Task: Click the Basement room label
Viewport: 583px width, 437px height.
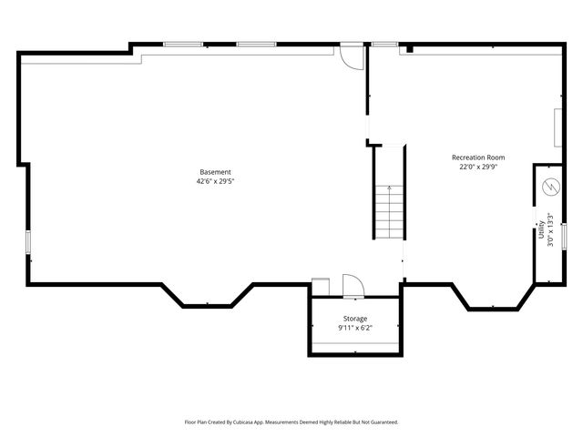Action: (216, 172)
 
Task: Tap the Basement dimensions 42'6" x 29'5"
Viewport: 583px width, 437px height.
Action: (216, 181)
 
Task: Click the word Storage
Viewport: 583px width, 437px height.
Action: (355, 319)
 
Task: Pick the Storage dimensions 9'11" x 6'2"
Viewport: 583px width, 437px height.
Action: (355, 328)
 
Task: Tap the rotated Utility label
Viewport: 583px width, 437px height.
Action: (541, 229)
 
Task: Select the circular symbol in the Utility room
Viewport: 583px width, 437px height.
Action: (549, 187)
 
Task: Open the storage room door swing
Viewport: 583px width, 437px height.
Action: (353, 286)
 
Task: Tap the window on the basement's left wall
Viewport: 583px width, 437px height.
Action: (28, 242)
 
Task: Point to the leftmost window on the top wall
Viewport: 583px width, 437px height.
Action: (183, 44)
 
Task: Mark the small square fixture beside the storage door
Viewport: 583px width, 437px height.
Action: (320, 287)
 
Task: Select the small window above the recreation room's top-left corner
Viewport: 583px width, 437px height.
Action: (384, 44)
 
